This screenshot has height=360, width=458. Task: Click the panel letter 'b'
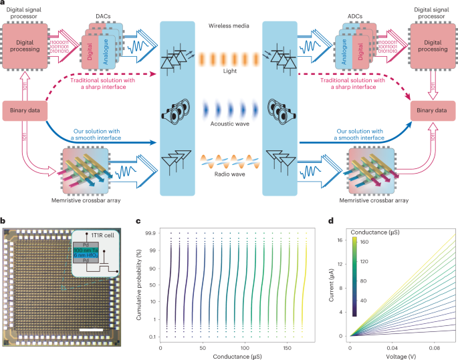[x=5, y=221]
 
